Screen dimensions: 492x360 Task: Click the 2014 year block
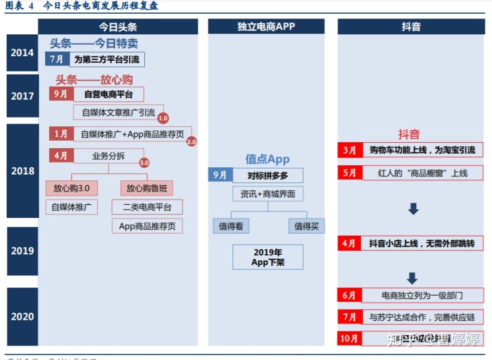23,51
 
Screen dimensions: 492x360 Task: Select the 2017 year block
23,96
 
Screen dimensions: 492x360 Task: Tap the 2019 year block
23,251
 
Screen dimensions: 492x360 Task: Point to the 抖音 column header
411,27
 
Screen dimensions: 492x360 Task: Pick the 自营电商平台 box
108,94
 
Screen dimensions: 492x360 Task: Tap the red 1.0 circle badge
163,117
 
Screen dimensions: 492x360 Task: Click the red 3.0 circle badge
144,163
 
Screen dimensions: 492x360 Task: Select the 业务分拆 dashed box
108,156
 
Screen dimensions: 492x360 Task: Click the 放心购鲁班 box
147,188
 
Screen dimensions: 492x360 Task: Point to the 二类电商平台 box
147,207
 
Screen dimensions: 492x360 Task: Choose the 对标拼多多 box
268,176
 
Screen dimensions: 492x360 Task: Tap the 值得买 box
307,225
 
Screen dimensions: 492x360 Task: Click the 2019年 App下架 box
267,257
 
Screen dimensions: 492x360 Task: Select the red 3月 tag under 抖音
349,150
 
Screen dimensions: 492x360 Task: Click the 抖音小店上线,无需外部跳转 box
421,243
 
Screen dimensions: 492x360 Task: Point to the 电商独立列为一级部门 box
421,295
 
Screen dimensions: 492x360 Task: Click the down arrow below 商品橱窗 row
413,208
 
